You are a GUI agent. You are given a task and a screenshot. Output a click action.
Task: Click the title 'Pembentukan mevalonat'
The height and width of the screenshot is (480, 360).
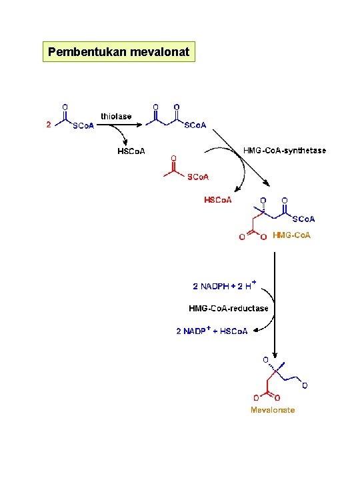(119, 52)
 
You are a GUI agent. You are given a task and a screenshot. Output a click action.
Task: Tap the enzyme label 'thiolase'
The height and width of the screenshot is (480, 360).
(116, 116)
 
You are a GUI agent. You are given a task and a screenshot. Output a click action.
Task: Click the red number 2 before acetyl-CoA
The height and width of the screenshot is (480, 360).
(49, 125)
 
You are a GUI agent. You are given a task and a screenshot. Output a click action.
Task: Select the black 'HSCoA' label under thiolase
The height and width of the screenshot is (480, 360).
(131, 151)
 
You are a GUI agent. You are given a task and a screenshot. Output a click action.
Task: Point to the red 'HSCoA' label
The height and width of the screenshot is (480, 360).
(217, 200)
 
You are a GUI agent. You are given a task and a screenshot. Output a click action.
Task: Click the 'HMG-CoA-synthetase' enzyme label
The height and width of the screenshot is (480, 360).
(285, 150)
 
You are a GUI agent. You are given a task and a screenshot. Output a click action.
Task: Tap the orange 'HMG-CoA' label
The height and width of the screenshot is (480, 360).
(291, 235)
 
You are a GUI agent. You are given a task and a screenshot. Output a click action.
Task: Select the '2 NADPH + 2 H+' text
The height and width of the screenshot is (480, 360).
(225, 285)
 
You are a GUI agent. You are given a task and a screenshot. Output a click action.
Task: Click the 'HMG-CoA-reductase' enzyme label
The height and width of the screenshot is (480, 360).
(229, 308)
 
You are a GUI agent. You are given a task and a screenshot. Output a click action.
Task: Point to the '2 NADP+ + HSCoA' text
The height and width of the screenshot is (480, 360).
(212, 331)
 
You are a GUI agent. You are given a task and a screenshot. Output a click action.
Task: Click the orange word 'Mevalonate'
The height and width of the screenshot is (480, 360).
(273, 410)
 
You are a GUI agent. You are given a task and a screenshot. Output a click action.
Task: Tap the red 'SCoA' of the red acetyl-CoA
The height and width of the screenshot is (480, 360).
(198, 177)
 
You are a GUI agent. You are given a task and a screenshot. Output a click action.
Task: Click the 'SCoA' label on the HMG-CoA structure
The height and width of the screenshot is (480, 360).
(303, 219)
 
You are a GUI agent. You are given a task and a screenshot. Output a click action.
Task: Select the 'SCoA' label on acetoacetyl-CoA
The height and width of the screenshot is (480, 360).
(195, 125)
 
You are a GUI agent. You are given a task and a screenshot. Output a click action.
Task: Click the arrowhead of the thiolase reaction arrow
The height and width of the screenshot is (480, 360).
(139, 125)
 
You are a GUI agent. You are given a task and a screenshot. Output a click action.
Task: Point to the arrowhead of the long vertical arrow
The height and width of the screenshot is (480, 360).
(275, 355)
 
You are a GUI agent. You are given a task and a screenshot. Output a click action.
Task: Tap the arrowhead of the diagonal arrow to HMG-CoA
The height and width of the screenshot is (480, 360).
(267, 184)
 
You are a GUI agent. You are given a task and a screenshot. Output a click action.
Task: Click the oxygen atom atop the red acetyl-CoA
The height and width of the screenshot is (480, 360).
(173, 158)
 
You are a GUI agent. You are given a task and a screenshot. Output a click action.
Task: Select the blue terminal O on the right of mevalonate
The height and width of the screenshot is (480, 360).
(305, 386)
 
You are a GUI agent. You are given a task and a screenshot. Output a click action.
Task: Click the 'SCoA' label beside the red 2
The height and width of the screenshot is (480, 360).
(83, 126)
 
